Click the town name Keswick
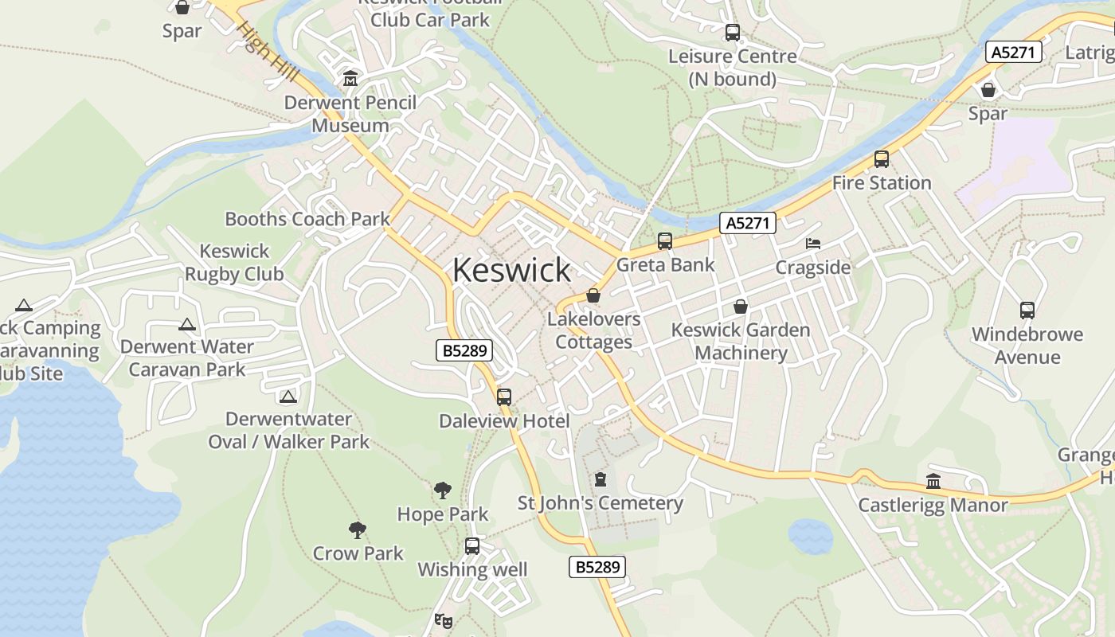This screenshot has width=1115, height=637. pyautogui.click(x=511, y=270)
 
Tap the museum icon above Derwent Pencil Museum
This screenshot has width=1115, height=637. pyautogui.click(x=350, y=79)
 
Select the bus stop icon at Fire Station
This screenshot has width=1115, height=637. pyautogui.click(x=882, y=159)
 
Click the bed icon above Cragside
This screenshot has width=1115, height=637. pyautogui.click(x=813, y=244)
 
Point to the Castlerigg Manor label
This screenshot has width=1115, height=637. pyautogui.click(x=933, y=505)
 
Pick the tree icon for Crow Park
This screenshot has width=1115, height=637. pyautogui.click(x=358, y=530)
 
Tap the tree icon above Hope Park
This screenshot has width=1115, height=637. pyautogui.click(x=443, y=490)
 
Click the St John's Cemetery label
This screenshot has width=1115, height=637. pyautogui.click(x=601, y=503)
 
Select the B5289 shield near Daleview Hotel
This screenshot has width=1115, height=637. pyautogui.click(x=464, y=350)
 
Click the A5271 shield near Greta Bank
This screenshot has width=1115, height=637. pyautogui.click(x=749, y=224)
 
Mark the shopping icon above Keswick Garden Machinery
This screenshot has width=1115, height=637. pyautogui.click(x=741, y=307)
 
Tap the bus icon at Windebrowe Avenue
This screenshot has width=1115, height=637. pyautogui.click(x=1027, y=311)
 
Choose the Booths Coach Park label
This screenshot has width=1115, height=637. pyautogui.click(x=307, y=219)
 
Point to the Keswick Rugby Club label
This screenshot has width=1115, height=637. pyautogui.click(x=234, y=263)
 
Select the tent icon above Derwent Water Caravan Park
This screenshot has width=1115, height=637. pyautogui.click(x=187, y=324)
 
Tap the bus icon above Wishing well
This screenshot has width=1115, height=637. pyautogui.click(x=472, y=546)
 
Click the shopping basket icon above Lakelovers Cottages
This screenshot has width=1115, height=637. pyautogui.click(x=593, y=296)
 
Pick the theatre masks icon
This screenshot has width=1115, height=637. pyautogui.click(x=443, y=620)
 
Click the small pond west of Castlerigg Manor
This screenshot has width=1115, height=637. pyautogui.click(x=810, y=537)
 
